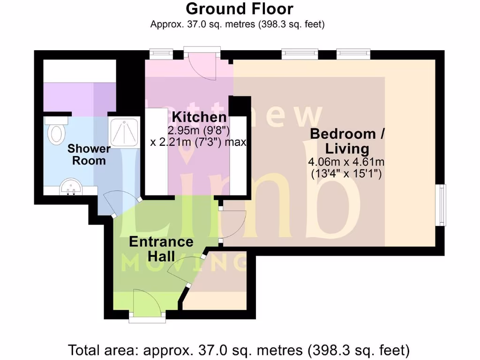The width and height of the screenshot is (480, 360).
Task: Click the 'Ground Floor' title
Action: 240,9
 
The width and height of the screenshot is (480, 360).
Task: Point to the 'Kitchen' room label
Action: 199,117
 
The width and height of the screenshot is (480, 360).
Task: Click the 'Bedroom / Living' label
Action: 347,141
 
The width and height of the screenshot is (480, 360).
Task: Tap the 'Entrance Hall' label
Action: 161,249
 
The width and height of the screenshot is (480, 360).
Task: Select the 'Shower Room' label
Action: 89,155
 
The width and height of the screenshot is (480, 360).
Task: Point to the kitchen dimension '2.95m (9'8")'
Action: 197,130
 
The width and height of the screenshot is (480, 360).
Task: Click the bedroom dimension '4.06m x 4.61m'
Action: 346,162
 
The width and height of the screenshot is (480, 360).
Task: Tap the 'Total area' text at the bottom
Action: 239,350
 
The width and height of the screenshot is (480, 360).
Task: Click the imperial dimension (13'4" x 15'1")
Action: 347,173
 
